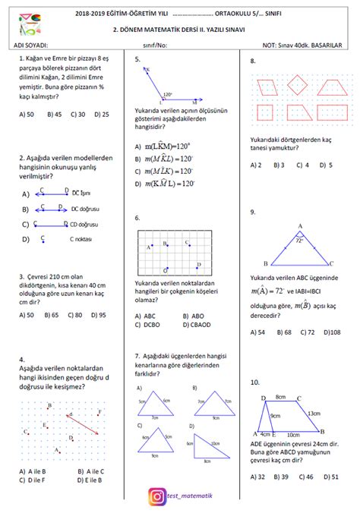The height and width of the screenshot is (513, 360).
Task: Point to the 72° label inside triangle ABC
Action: pyautogui.click(x=299, y=241)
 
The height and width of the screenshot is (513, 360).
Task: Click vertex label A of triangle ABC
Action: pyautogui.click(x=300, y=226)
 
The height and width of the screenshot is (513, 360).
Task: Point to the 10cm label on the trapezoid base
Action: pyautogui.click(x=292, y=435)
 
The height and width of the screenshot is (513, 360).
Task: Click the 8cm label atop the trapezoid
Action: pyautogui.click(x=280, y=396)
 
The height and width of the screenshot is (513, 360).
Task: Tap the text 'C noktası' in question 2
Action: pyautogui.click(x=82, y=239)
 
